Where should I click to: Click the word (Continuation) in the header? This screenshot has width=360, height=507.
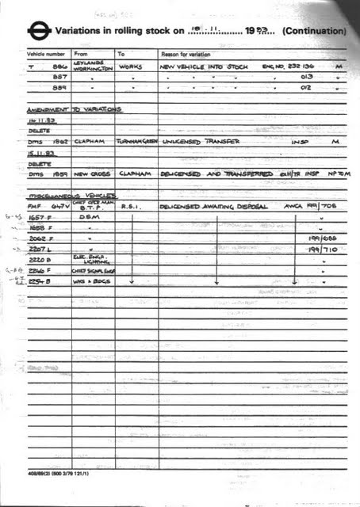pos(314,31)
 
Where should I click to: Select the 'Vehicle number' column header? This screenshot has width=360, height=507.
pos(46,54)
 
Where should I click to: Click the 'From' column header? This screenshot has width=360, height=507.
pos(82,54)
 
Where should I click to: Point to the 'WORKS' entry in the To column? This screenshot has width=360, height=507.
pos(130,67)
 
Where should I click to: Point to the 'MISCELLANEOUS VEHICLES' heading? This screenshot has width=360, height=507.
pos(72,194)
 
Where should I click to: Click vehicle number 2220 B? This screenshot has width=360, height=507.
pos(41,258)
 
